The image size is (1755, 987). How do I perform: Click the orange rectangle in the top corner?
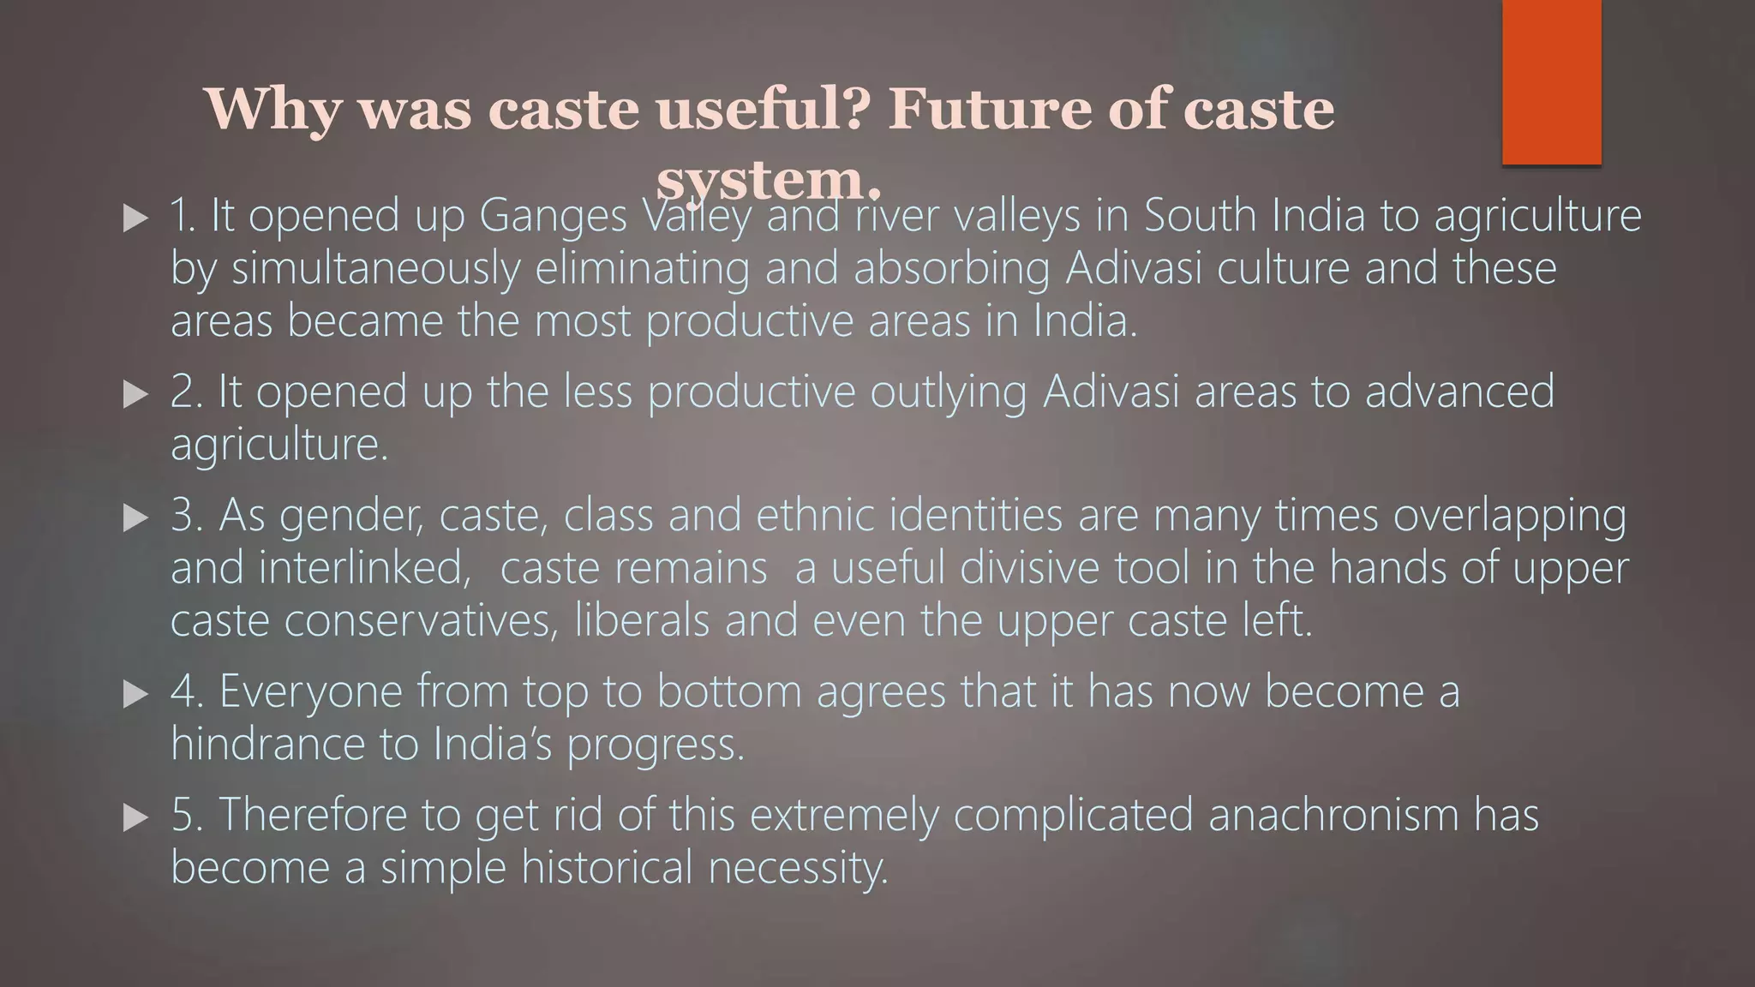(1551, 81)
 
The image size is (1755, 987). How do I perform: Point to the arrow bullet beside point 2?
(135, 394)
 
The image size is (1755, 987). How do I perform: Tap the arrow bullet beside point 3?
(135, 517)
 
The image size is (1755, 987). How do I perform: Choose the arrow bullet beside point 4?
(135, 693)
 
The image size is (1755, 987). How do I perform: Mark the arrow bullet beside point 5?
(135, 817)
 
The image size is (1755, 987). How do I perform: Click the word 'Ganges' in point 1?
(553, 216)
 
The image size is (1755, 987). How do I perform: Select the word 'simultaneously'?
(375, 269)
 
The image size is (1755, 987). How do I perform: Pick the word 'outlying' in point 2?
(948, 392)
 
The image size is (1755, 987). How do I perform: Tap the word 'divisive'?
(1028, 568)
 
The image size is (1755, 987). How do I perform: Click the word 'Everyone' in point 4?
(310, 692)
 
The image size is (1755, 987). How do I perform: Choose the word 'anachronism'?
(1333, 815)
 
